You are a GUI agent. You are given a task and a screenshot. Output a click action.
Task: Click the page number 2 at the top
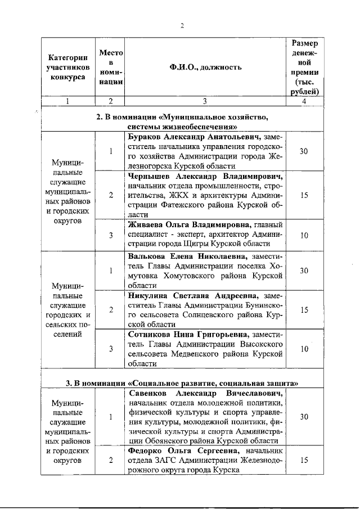pyautogui.click(x=182, y=25)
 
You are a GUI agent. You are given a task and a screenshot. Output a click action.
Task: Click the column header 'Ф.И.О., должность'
pyautogui.click(x=205, y=67)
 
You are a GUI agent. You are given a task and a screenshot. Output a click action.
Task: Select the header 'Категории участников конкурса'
pyautogui.click(x=67, y=67)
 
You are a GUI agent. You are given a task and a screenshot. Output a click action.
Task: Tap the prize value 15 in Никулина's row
pyautogui.click(x=304, y=309)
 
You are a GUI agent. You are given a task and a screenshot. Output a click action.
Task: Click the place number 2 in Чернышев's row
pyautogui.click(x=111, y=195)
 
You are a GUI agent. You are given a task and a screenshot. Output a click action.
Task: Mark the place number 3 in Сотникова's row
pyautogui.click(x=111, y=349)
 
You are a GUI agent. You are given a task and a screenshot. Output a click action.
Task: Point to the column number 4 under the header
pyautogui.click(x=304, y=101)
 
